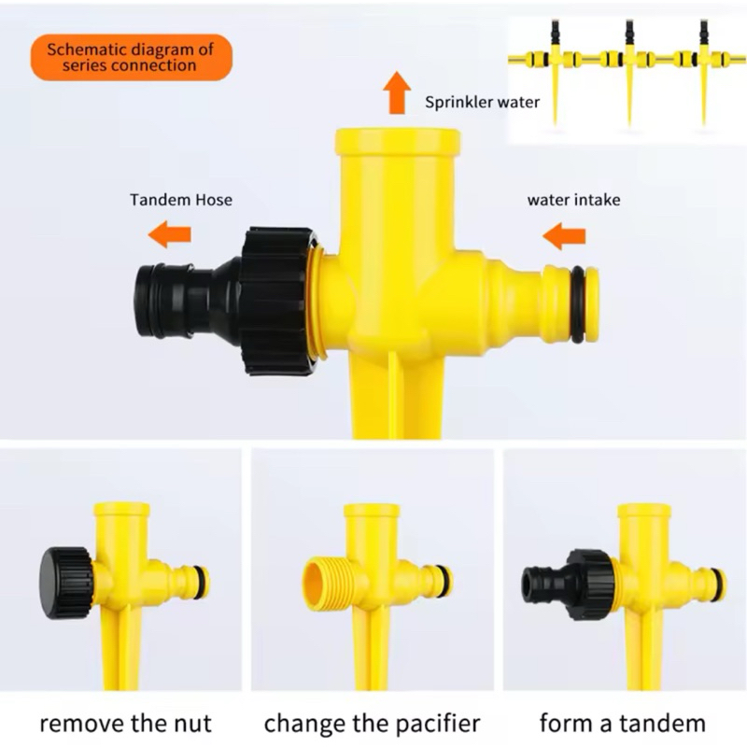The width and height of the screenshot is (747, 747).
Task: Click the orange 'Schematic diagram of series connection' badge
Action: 132,57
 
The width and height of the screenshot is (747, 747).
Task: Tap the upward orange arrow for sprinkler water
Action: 397,92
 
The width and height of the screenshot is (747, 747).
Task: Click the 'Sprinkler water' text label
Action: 482,102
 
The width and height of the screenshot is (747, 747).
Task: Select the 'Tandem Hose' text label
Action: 181,199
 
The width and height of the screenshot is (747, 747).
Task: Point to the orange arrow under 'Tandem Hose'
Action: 170,234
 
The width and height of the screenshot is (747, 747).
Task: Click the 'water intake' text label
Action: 573,200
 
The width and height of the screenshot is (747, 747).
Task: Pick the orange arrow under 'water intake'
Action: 564,236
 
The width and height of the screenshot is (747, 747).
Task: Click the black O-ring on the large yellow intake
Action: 577,304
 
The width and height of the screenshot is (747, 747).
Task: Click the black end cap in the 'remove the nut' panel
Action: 65,582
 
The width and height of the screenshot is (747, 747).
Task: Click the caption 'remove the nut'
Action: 125,723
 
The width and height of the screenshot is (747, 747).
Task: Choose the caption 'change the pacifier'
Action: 372,724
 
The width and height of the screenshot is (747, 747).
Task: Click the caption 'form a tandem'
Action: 622,723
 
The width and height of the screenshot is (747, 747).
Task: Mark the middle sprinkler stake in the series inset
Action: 629,72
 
